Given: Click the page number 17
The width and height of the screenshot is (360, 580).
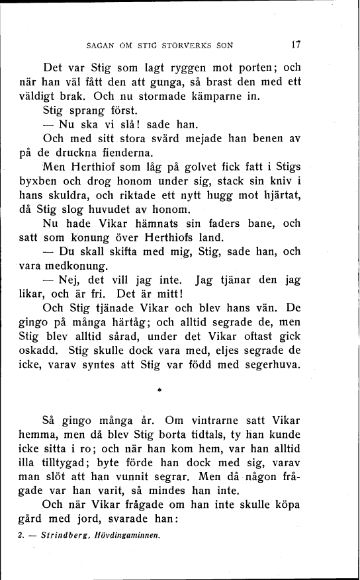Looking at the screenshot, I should (x=296, y=46).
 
